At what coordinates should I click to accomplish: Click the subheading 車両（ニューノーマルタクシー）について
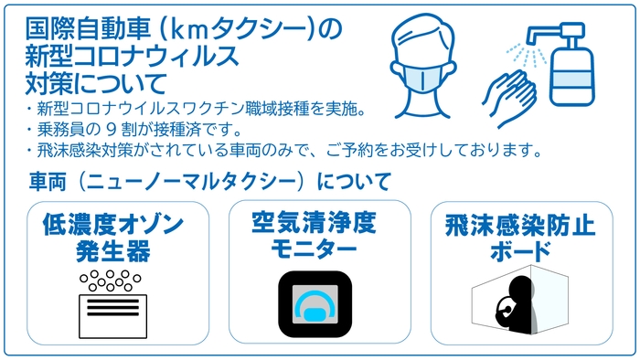pos(211,179)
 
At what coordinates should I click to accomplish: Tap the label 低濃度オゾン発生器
pos(112,237)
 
